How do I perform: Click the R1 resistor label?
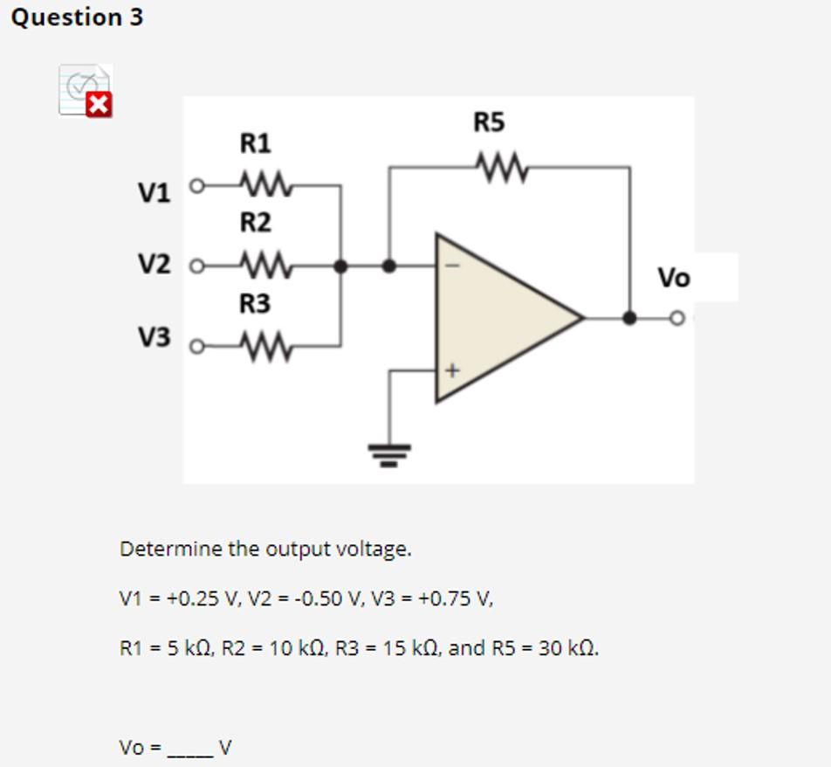(x=255, y=142)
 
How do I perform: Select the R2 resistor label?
(x=255, y=224)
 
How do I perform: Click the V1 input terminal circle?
(x=197, y=186)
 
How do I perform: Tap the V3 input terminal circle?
(x=197, y=348)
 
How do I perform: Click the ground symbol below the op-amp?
(x=388, y=453)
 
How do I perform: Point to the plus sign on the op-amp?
(x=451, y=370)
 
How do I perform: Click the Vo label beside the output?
(x=673, y=278)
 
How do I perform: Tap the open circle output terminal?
(x=676, y=318)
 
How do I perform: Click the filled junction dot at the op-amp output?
(x=629, y=318)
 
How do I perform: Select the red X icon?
(x=100, y=106)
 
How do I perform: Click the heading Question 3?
(x=77, y=17)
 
